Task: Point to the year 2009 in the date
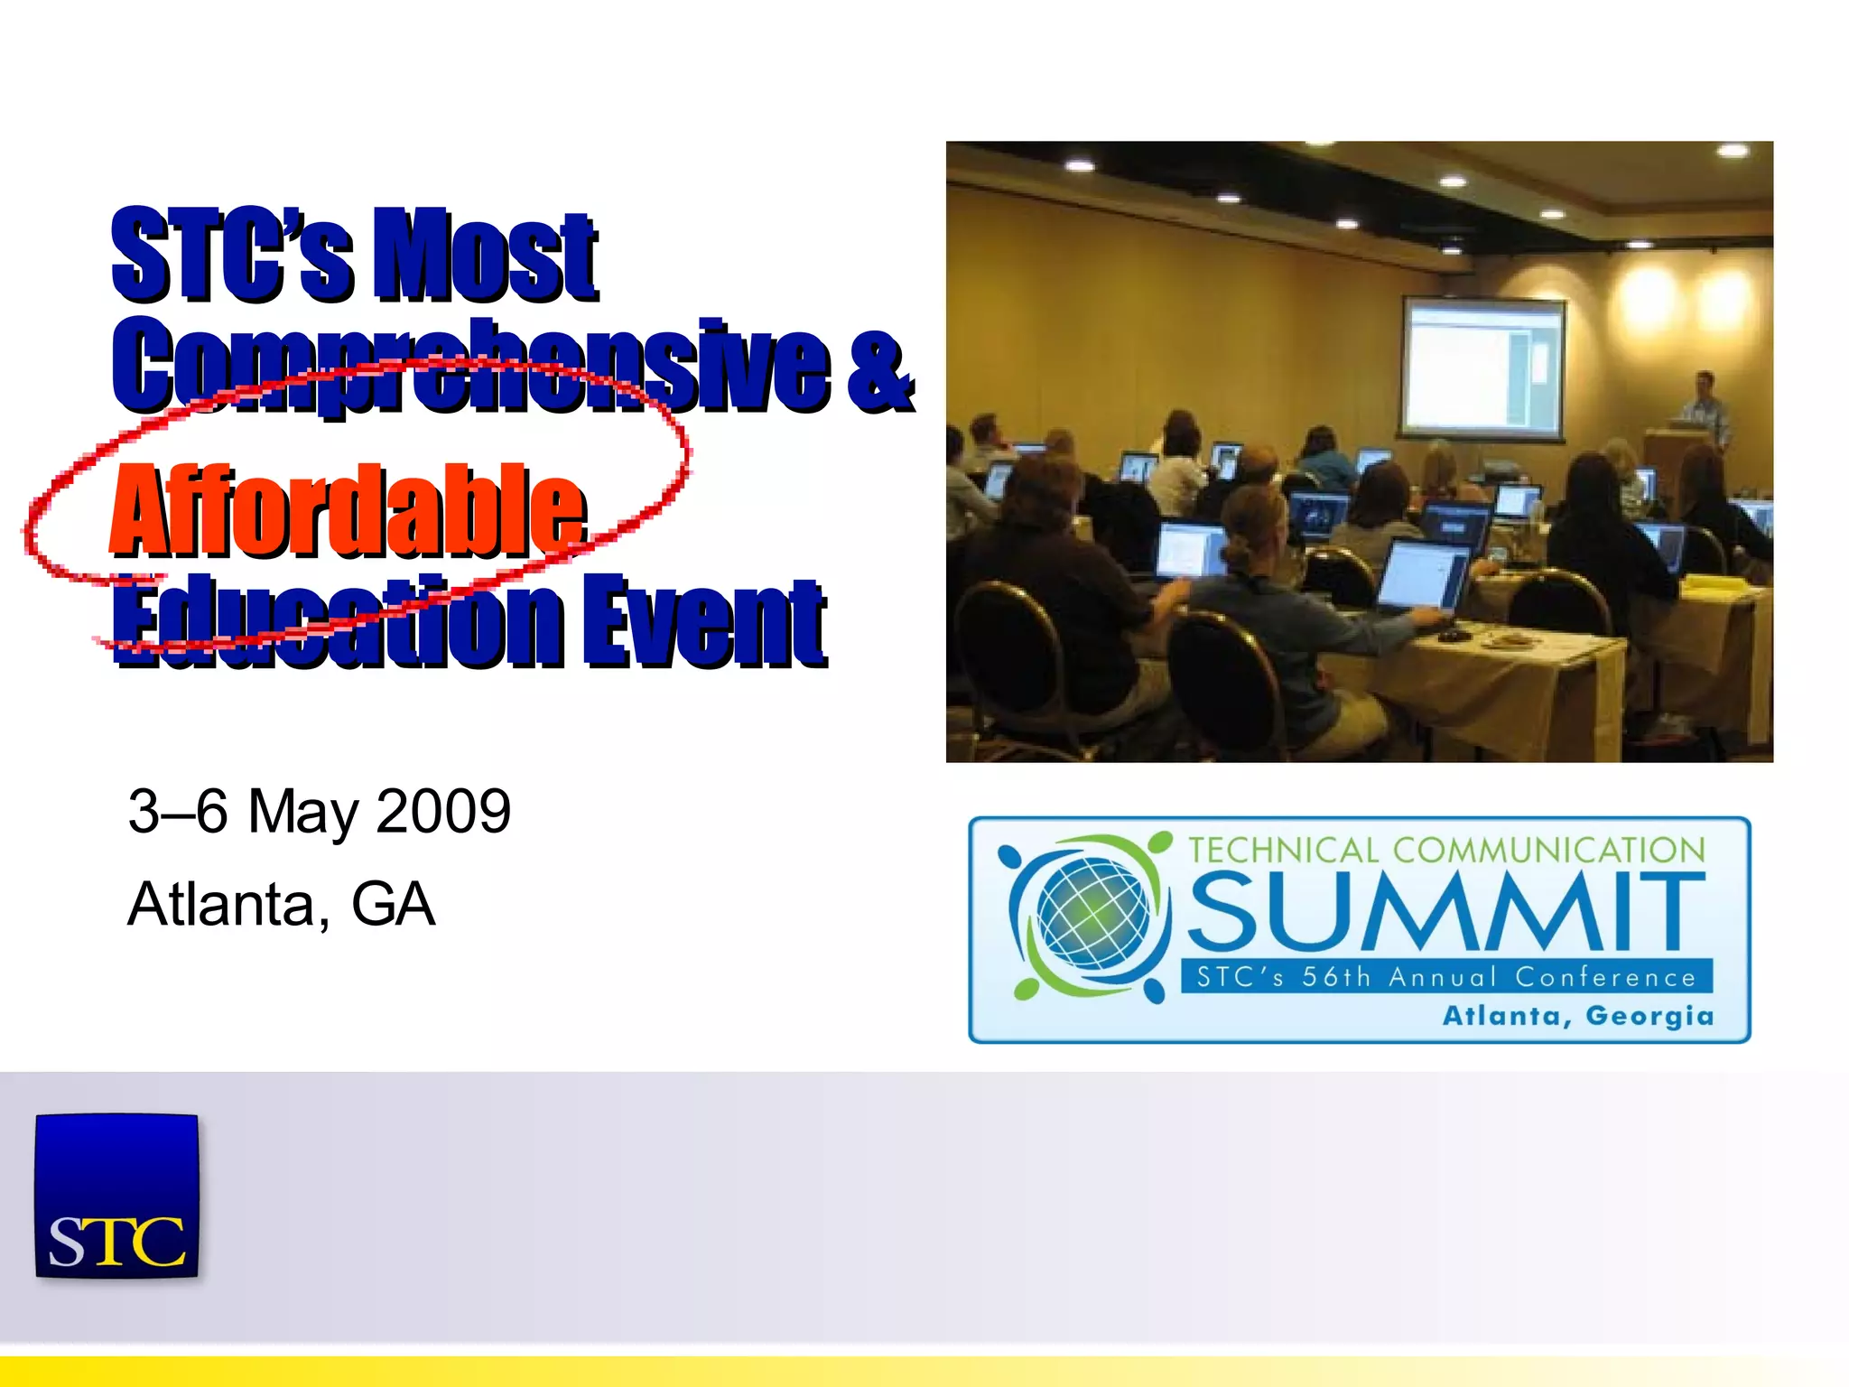(x=443, y=811)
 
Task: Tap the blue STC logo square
(x=116, y=1196)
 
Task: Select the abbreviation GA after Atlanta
(x=393, y=904)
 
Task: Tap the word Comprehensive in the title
(x=469, y=366)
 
